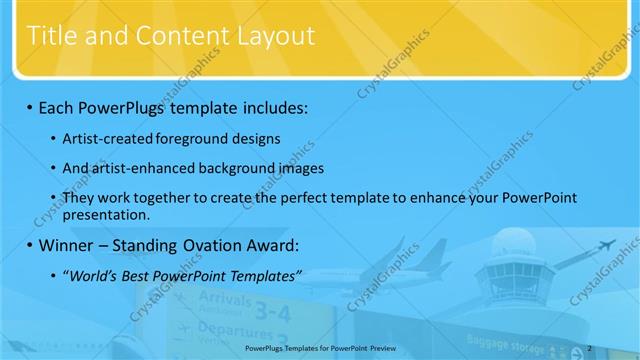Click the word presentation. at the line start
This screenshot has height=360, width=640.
pyautogui.click(x=106, y=214)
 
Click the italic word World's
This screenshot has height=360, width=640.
pyautogui.click(x=94, y=276)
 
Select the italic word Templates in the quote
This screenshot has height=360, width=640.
pyautogui.click(x=261, y=276)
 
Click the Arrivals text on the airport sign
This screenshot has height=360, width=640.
pyautogui.click(x=226, y=300)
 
